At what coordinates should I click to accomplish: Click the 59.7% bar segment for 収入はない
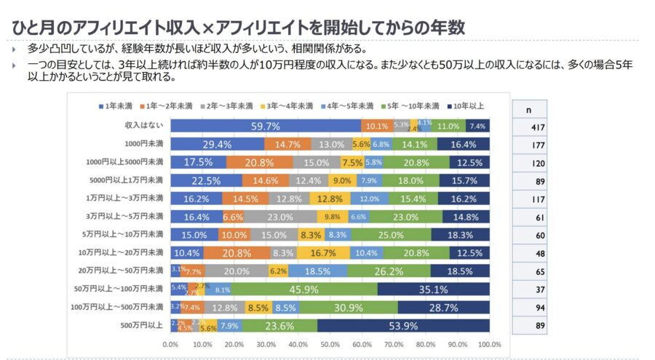click(x=266, y=126)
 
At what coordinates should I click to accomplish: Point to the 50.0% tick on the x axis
click(x=330, y=345)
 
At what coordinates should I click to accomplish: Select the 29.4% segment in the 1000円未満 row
click(x=217, y=144)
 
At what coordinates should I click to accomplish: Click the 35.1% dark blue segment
click(x=434, y=289)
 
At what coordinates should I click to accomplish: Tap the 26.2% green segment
click(x=389, y=271)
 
